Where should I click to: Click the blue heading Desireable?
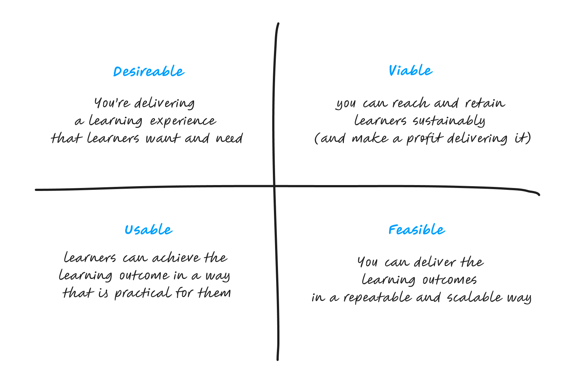(149, 71)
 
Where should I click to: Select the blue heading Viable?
(410, 70)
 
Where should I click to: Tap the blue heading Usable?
(148, 230)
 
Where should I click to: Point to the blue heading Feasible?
(416, 230)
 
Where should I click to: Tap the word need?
(229, 139)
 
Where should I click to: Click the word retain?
(485, 103)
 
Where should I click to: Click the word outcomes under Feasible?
(449, 280)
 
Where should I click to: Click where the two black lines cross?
(274, 187)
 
